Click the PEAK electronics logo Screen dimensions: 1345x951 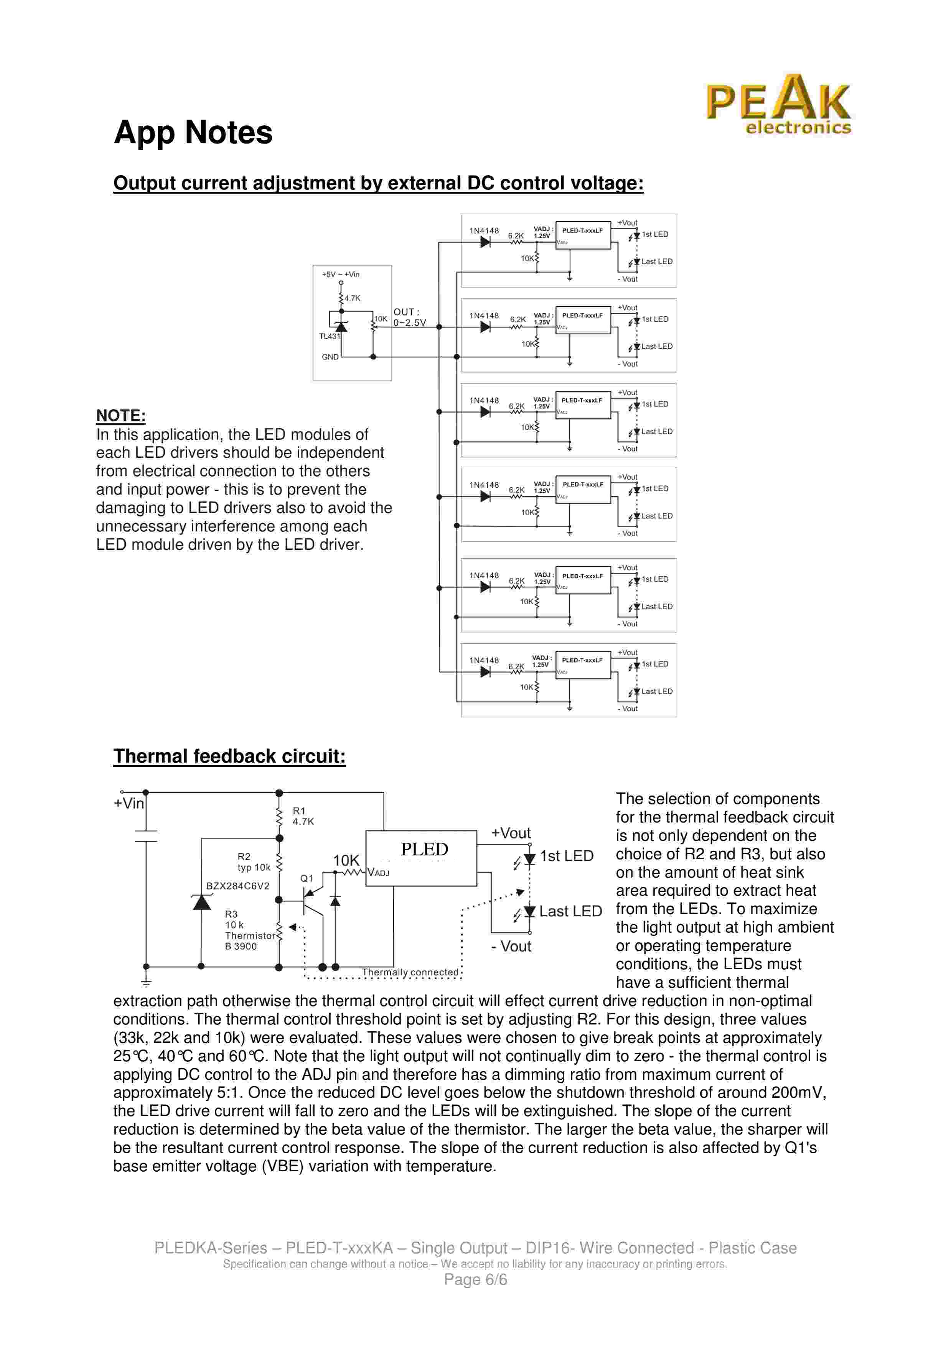(x=778, y=104)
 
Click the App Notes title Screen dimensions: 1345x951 (x=193, y=132)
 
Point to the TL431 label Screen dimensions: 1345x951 (x=329, y=336)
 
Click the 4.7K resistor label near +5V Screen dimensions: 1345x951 (x=352, y=298)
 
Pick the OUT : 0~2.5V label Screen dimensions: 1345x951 (x=409, y=317)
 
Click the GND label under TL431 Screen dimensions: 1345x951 (x=330, y=357)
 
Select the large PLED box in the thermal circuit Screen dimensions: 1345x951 (x=421, y=858)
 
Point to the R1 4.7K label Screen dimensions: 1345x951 (x=303, y=816)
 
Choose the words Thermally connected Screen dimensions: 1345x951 (x=410, y=972)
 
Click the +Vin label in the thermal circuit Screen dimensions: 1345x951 (x=129, y=803)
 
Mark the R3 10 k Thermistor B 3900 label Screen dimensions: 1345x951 (x=249, y=930)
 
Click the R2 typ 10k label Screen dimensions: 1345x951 (x=254, y=862)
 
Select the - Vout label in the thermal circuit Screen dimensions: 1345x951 (x=511, y=946)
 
